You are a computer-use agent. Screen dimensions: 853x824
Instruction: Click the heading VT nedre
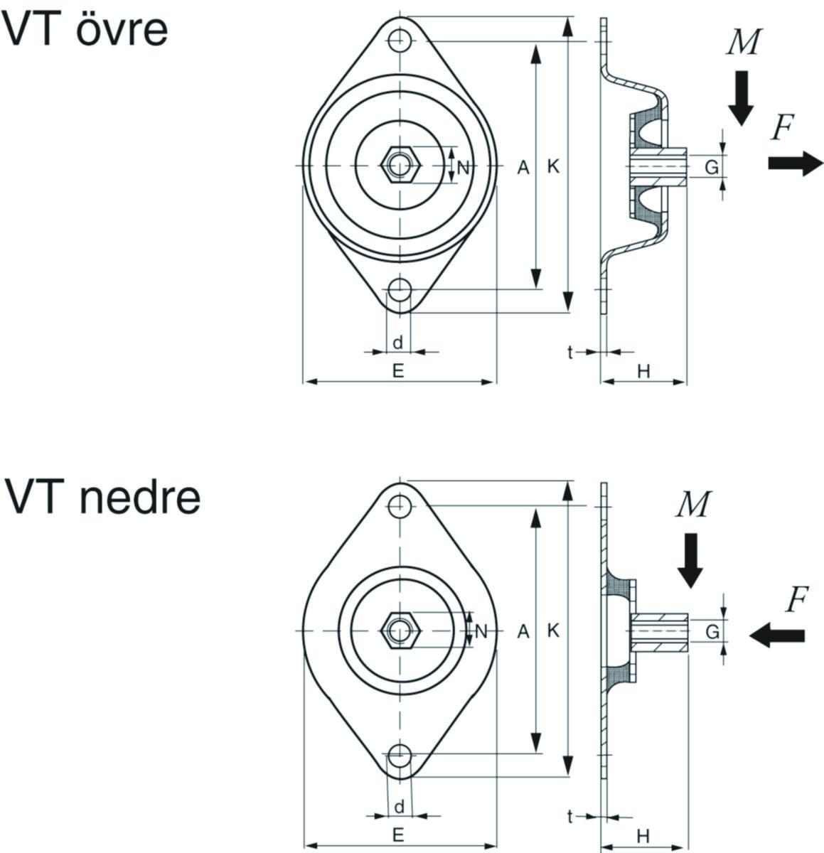pyautogui.click(x=102, y=497)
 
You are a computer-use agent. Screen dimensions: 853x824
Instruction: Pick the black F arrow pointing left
pyautogui.click(x=777, y=634)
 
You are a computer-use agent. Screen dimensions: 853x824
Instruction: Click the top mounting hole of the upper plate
pyautogui.click(x=400, y=40)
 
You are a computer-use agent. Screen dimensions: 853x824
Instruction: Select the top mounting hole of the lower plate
pyautogui.click(x=400, y=505)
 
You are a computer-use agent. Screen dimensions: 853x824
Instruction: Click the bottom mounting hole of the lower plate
pyautogui.click(x=400, y=754)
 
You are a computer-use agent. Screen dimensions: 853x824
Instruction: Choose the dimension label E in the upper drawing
pyautogui.click(x=398, y=370)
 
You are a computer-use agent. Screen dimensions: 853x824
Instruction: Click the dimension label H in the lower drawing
pyautogui.click(x=642, y=835)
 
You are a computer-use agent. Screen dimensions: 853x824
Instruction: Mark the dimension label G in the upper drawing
pyautogui.click(x=710, y=168)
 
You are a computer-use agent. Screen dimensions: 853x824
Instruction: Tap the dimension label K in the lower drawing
pyautogui.click(x=554, y=631)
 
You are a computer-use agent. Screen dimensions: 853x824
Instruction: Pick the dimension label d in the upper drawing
pyautogui.click(x=398, y=342)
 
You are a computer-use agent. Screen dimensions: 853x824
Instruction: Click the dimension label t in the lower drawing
pyautogui.click(x=570, y=817)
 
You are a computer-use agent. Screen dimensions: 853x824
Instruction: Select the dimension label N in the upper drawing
pyautogui.click(x=463, y=168)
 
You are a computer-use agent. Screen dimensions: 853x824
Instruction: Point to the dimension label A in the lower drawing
pyautogui.click(x=523, y=631)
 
